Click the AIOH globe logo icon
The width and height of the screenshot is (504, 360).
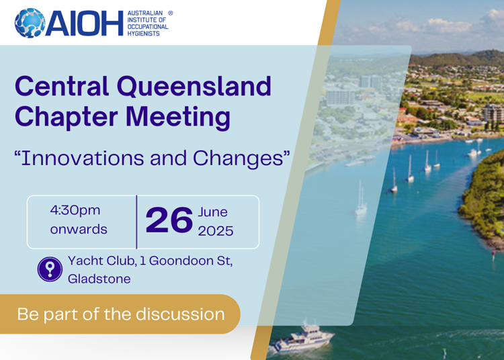pyautogui.click(x=30, y=23)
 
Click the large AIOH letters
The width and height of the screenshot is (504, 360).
pyautogui.click(x=85, y=23)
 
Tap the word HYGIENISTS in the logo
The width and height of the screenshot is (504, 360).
pyautogui.click(x=143, y=34)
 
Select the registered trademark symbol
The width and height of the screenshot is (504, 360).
pyautogui.click(x=171, y=13)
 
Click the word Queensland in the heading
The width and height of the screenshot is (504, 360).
pyautogui.click(x=194, y=87)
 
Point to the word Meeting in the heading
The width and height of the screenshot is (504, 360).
pyautogui.click(x=178, y=117)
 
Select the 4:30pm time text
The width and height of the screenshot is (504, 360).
pyautogui.click(x=75, y=211)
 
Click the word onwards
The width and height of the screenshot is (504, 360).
pyautogui.click(x=79, y=229)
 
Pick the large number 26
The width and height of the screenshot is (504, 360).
pyautogui.click(x=169, y=220)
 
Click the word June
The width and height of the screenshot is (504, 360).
pyautogui.click(x=213, y=212)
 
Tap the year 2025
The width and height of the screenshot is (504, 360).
pyautogui.click(x=216, y=231)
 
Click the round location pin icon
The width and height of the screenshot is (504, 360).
pyautogui.click(x=50, y=269)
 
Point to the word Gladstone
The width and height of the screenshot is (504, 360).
pyautogui.click(x=99, y=279)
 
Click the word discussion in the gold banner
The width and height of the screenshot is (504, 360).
pyautogui.click(x=180, y=314)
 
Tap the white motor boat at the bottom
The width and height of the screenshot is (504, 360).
pyautogui.click(x=303, y=339)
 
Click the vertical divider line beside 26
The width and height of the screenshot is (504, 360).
pyautogui.click(x=136, y=222)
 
